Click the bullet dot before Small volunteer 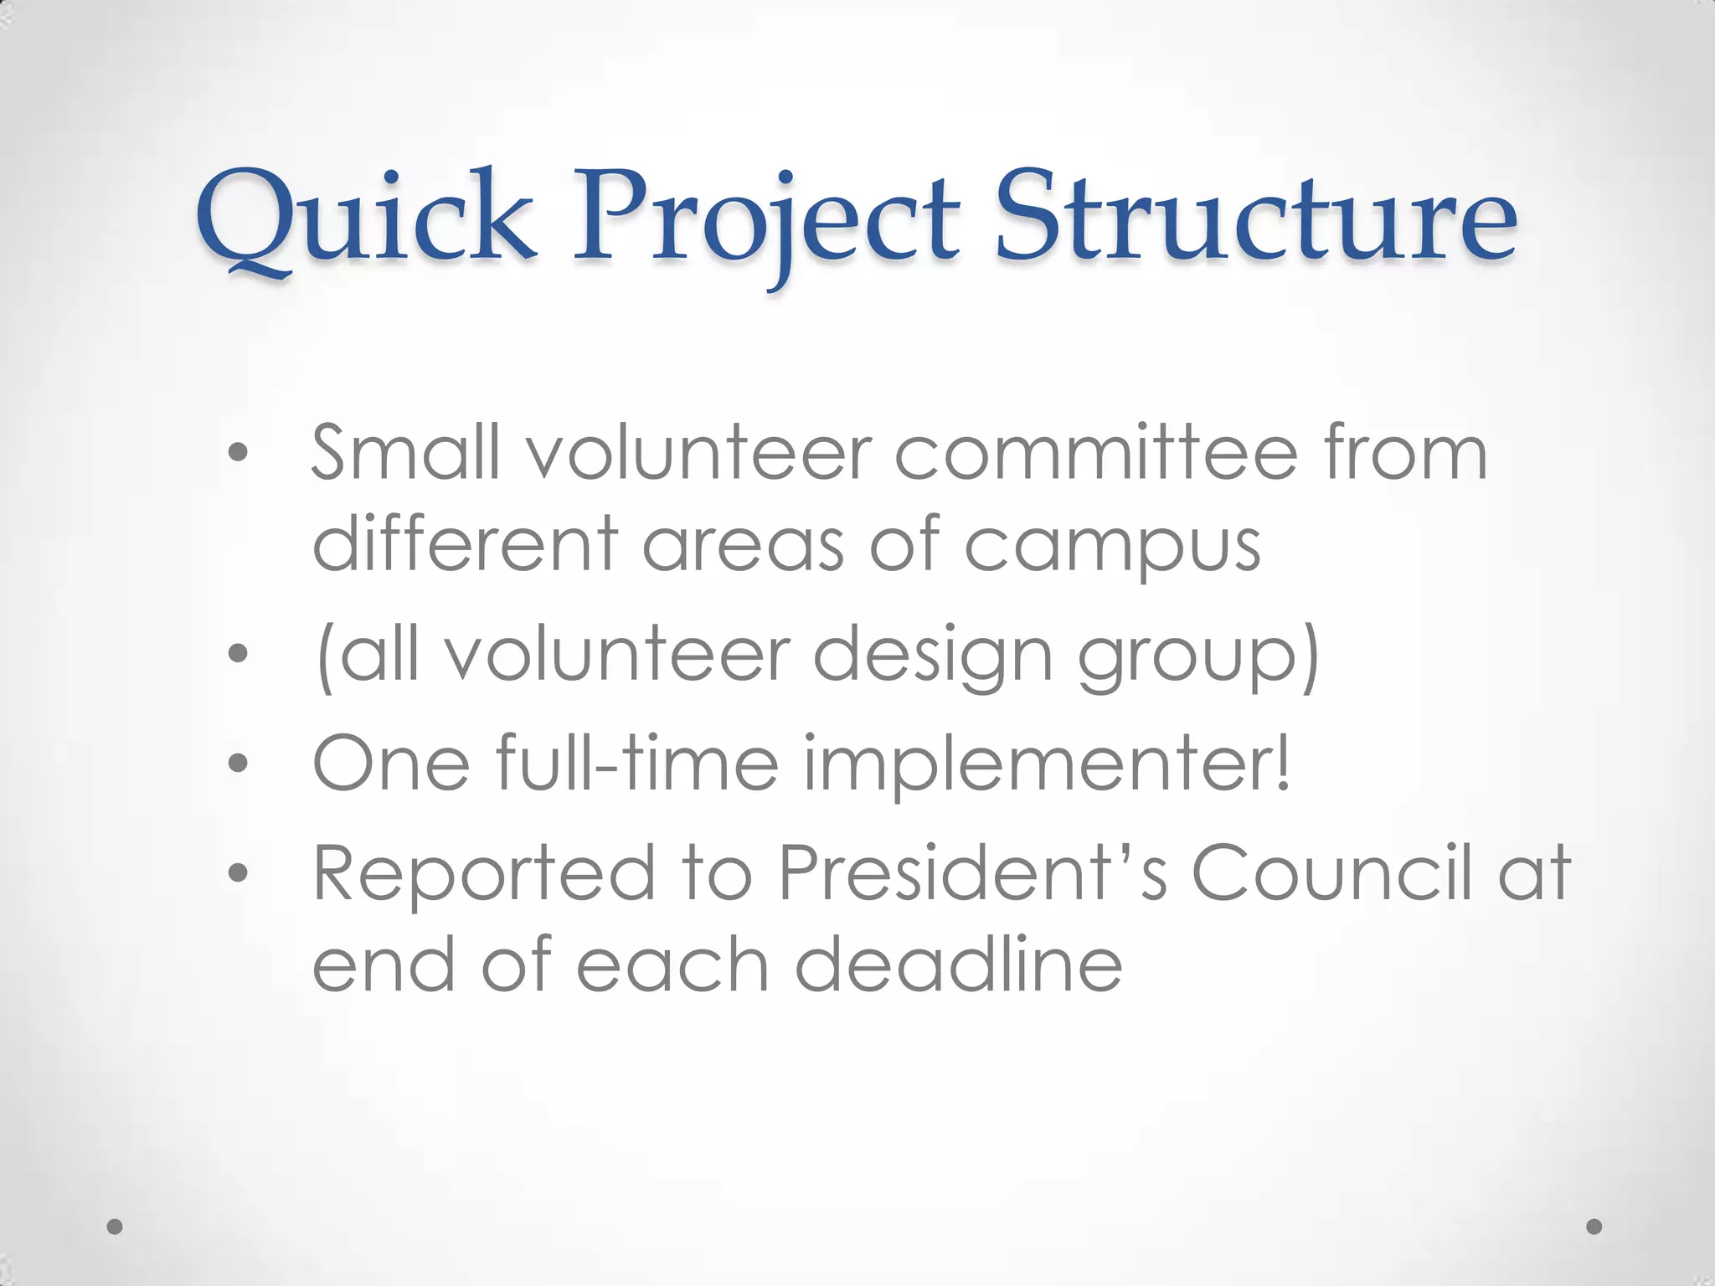coord(239,453)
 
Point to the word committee coord(1096,453)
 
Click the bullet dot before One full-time coord(239,763)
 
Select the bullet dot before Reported coord(239,873)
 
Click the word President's coord(971,873)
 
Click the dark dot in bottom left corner coord(116,1227)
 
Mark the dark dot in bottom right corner coord(1594,1227)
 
